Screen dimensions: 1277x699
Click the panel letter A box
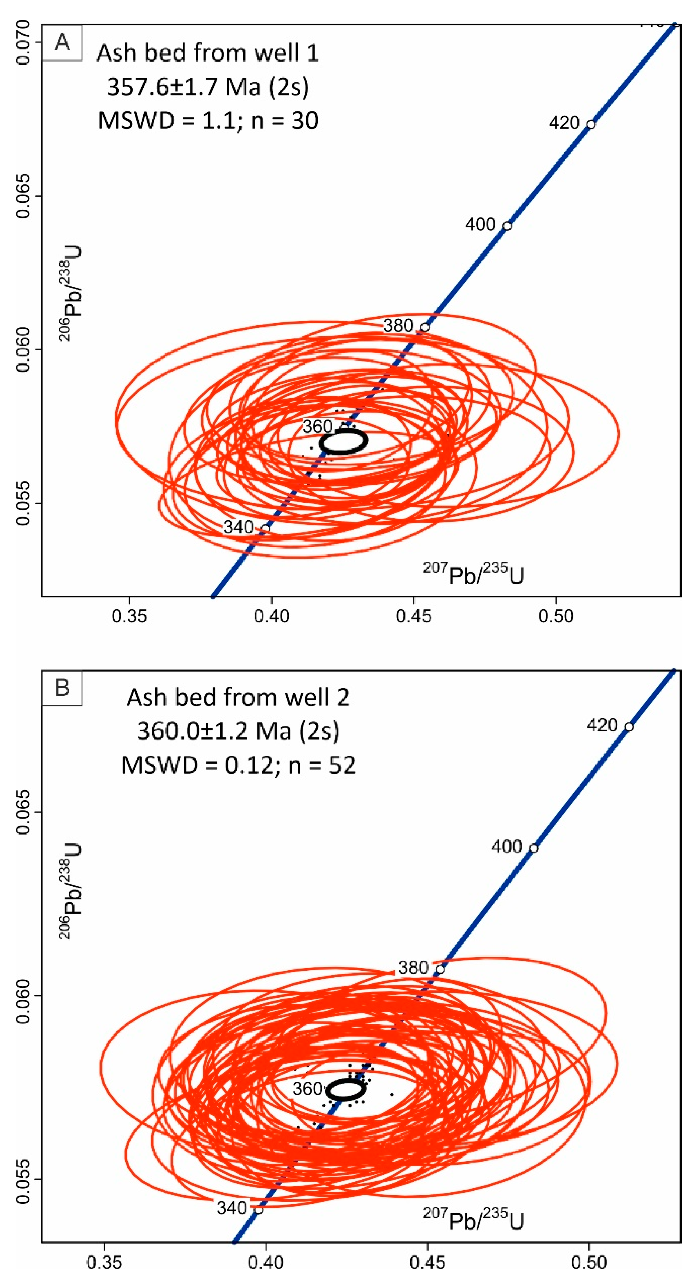62,43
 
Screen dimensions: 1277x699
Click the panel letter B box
62,688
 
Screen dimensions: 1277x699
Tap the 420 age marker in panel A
590,124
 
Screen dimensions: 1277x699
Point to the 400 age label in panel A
480,224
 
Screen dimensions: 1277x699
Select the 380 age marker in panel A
424,327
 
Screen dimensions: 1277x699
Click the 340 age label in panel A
239,527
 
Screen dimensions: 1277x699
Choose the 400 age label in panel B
507,846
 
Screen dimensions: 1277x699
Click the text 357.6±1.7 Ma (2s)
208,87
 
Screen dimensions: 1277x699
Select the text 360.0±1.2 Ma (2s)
239,731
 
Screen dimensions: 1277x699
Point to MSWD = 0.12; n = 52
239,765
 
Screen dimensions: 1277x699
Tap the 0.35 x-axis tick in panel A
129,616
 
